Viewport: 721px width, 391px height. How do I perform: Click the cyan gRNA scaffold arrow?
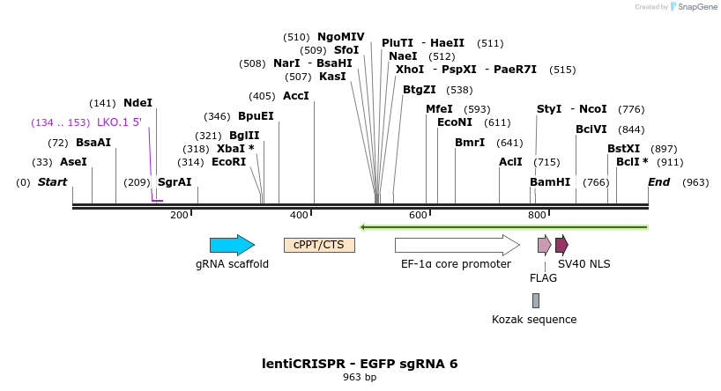click(x=232, y=245)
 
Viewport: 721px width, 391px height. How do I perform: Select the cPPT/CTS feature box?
click(x=319, y=245)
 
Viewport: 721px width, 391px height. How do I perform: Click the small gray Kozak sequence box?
click(x=535, y=300)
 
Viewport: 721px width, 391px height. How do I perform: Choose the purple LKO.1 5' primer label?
click(x=119, y=122)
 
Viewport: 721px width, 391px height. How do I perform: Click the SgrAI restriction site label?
click(x=175, y=182)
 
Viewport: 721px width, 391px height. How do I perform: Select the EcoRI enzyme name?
click(x=229, y=162)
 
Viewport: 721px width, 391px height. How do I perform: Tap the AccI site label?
click(x=296, y=96)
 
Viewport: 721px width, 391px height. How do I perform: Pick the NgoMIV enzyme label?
click(x=340, y=37)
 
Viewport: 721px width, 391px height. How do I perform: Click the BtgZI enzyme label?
click(x=420, y=90)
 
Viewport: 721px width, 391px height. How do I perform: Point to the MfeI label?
click(x=439, y=109)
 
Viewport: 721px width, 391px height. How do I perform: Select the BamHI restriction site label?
click(x=550, y=182)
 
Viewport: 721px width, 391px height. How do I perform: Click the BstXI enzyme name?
click(x=623, y=149)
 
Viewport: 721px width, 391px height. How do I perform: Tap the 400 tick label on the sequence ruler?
click(x=299, y=215)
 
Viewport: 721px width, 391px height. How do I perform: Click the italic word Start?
click(x=52, y=182)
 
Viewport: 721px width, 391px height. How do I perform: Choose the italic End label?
click(x=658, y=182)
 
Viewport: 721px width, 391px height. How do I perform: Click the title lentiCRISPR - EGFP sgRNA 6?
click(x=360, y=364)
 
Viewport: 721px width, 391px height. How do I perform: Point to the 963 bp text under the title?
click(x=360, y=378)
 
